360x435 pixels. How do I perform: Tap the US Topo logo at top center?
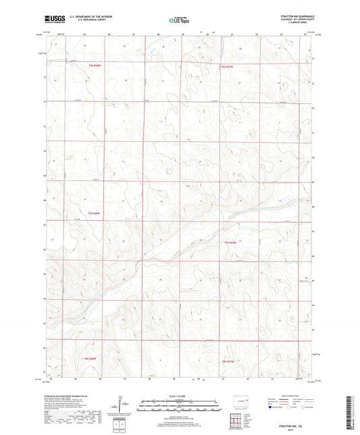pos(180,20)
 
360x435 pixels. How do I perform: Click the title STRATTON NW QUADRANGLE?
pos(296,16)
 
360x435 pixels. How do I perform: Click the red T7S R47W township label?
pos(230,242)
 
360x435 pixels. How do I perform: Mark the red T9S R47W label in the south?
pos(230,363)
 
